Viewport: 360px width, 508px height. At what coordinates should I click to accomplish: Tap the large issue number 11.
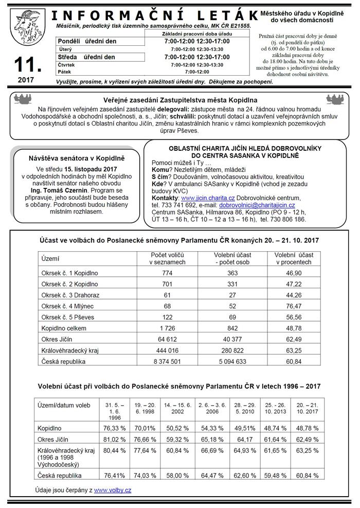point(27,65)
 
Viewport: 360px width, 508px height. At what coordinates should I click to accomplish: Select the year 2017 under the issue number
point(27,80)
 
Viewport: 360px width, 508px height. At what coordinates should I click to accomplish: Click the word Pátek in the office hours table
point(65,72)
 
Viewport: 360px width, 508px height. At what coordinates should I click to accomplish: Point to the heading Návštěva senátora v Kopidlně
point(77,159)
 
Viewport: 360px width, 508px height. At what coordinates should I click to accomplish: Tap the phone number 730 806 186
point(289,219)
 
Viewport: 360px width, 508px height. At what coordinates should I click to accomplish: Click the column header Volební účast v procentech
point(294,258)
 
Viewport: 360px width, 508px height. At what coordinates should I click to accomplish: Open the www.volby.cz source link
point(112,490)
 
